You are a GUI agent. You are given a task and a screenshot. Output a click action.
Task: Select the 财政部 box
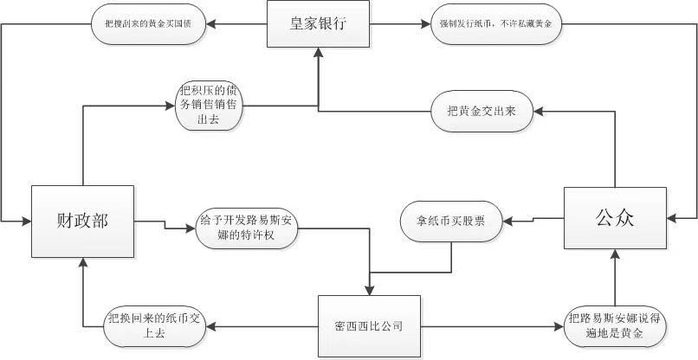pos(82,220)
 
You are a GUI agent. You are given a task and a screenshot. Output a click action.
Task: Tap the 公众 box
pos(615,217)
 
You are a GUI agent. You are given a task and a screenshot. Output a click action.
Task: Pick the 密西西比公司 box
pos(370,326)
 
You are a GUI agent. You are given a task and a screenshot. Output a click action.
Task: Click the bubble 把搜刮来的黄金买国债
pos(148,24)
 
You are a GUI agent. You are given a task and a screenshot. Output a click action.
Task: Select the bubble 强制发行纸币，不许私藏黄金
pos(495,24)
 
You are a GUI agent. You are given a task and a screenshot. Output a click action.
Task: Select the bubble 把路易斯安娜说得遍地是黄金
pos(615,325)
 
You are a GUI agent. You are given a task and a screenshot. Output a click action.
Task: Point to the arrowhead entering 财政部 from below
pos(82,263)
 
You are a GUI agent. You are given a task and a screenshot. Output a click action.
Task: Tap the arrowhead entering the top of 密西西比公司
pos(370,291)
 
